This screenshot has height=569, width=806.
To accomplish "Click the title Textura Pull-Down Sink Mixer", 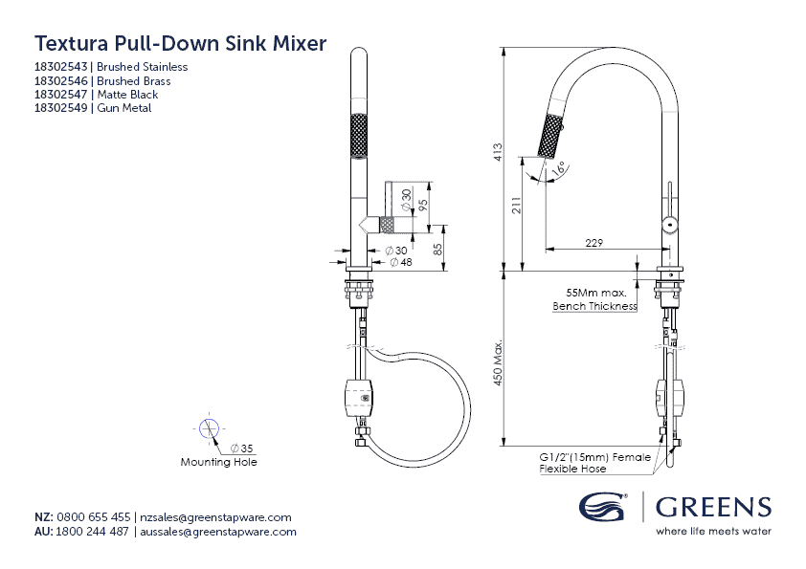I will pos(180,43).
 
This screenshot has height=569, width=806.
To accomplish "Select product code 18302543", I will pos(60,67).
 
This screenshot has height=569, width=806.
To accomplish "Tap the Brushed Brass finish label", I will pos(134,81).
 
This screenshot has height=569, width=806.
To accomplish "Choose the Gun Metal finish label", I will pos(124,108).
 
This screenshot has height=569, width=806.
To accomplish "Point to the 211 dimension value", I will pos(517,208).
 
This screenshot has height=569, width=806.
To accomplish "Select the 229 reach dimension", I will pos(593,243).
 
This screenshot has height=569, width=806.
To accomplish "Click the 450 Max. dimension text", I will pos(498,363).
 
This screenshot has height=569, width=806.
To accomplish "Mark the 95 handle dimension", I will pos(422,203).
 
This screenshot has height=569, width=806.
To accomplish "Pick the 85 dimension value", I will pos(437,249).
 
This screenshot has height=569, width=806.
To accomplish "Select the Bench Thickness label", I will pos(594,307).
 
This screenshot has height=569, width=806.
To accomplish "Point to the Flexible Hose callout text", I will pos(572,470).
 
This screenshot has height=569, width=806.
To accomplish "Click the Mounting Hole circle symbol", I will pos(209,428).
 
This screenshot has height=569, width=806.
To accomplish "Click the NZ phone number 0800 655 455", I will pos(94,517).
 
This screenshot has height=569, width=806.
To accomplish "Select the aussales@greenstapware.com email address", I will pos(218,532).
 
